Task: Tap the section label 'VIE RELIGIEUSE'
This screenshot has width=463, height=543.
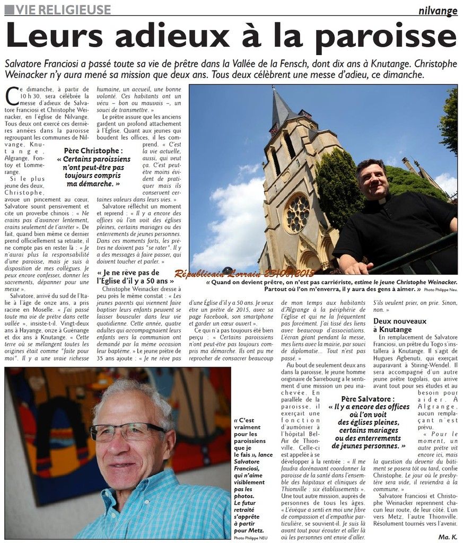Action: (x=63, y=10)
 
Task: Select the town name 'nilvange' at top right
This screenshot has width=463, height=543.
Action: (x=438, y=10)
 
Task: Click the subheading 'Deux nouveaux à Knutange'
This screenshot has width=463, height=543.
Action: (x=399, y=325)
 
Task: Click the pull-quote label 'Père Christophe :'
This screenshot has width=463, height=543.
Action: (x=93, y=151)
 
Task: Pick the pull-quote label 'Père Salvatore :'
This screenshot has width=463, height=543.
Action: (x=369, y=398)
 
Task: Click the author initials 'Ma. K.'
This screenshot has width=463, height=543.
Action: (x=447, y=537)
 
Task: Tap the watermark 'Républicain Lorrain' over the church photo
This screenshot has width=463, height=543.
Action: (x=244, y=273)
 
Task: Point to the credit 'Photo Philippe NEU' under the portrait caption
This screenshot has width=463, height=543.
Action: (x=250, y=538)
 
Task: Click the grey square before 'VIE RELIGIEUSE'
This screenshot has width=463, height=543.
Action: (x=9, y=10)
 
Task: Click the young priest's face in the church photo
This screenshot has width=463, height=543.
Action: (x=374, y=181)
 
